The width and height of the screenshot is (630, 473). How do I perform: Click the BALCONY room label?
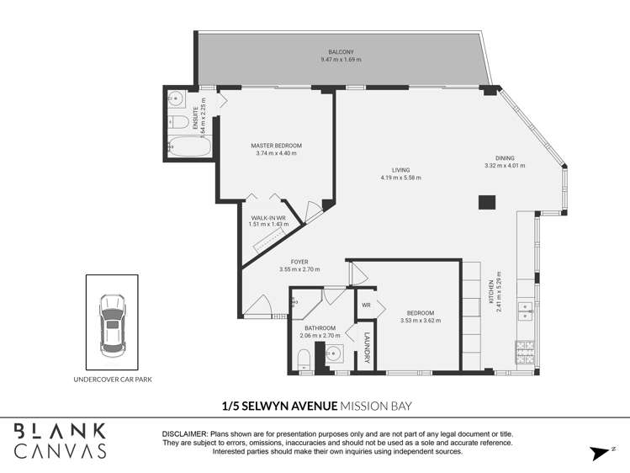point(340,51)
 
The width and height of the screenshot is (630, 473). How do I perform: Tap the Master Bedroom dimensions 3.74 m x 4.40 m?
point(276,153)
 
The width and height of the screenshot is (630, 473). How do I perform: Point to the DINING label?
point(505,157)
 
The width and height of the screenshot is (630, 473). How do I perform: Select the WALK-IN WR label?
point(269,217)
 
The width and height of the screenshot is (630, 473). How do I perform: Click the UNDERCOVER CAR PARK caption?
point(112,380)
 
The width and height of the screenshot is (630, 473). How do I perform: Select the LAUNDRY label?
point(367,344)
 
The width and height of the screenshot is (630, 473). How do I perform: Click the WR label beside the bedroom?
point(367,305)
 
